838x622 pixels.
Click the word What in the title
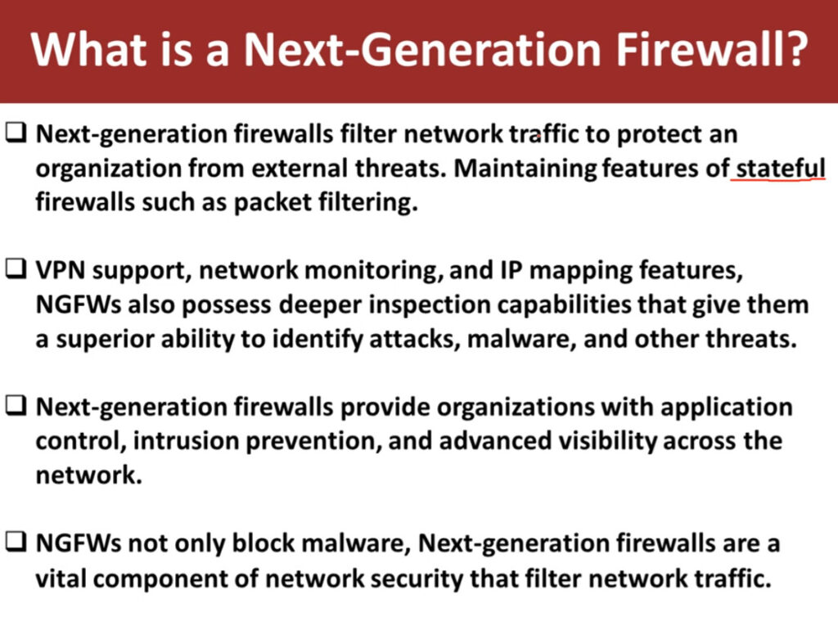coord(88,50)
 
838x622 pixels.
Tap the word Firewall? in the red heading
coord(711,50)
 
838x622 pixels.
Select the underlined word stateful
coord(781,169)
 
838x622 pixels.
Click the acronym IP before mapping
coord(511,270)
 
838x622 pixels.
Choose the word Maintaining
coord(525,169)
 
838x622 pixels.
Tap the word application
coord(727,408)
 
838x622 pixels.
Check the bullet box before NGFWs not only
coord(16,541)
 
